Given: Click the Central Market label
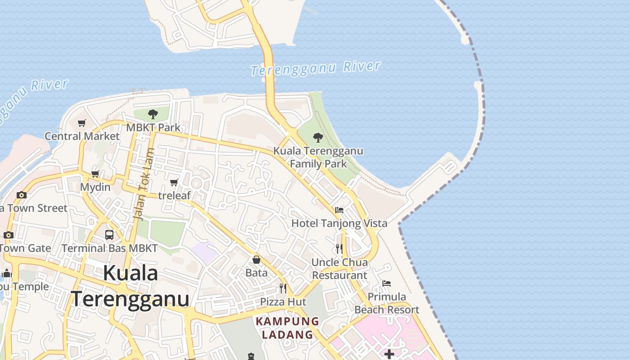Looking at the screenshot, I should click(82, 136).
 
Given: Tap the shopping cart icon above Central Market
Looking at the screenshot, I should click(81, 123).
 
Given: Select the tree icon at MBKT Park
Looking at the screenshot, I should click(153, 113).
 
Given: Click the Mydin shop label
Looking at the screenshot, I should click(95, 187).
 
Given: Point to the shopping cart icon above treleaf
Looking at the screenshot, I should click(174, 182).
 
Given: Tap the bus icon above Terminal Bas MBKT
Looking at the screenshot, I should click(109, 234).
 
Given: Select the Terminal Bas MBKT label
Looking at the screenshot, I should click(110, 248).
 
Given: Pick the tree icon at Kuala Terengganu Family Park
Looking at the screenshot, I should click(318, 137).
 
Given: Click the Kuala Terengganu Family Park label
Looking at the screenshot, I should click(318, 157).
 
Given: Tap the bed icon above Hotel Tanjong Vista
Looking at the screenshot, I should click(339, 210).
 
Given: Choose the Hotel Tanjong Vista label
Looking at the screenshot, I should click(339, 223).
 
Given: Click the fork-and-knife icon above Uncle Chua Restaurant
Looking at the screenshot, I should click(339, 248).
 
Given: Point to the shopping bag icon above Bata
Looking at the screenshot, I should click(256, 260).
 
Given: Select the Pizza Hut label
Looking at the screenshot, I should click(283, 301).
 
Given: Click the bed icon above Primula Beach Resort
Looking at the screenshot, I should click(387, 283).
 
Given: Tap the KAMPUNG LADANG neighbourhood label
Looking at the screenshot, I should click(288, 328).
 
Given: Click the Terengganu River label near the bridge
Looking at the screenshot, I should click(315, 68).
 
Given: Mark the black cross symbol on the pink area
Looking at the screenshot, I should click(389, 355).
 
